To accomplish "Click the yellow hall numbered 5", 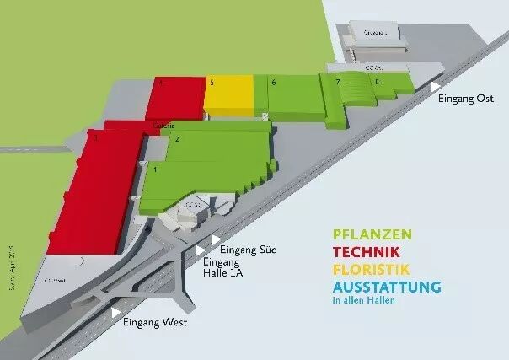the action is (x=228, y=94).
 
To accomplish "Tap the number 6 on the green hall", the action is (x=274, y=83).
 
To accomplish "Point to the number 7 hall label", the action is (x=337, y=83).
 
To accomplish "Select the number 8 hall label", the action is (x=377, y=82).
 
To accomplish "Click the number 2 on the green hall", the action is (x=176, y=139).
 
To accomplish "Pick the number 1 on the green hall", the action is (x=155, y=170).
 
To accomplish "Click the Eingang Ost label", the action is (x=463, y=99).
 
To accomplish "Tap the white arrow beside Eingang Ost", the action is (x=435, y=86).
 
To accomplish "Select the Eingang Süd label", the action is (x=248, y=250).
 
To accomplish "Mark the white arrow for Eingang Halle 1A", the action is (x=200, y=250).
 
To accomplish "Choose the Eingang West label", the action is (x=154, y=322).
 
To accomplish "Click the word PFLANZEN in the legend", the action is (x=372, y=234).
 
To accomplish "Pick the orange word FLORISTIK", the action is (x=372, y=270).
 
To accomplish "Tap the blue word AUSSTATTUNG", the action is (x=387, y=287).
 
